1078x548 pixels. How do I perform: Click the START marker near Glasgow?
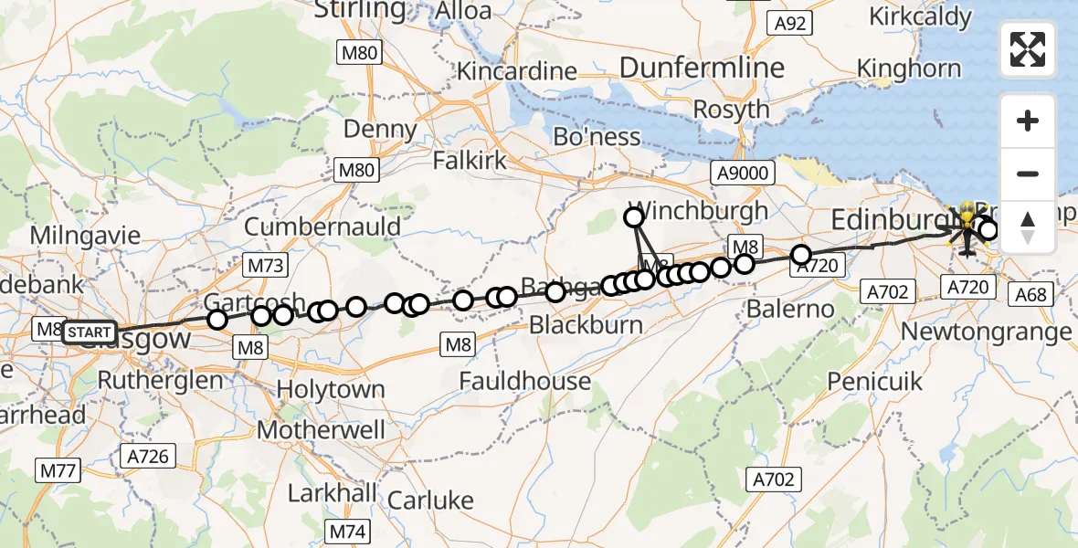[90, 332]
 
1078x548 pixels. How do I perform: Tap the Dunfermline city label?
[702, 67]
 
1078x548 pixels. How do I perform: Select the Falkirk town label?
[470, 162]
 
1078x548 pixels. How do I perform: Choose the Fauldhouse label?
[524, 380]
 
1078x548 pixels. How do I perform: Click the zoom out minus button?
[1028, 174]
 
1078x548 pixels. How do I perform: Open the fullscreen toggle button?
[1028, 49]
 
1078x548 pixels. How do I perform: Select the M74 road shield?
[347, 531]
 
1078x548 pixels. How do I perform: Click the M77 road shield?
[58, 470]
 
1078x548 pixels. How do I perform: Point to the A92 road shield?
[789, 24]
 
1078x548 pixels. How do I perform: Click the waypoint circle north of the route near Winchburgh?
[633, 217]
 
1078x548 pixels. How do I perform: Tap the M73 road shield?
[266, 267]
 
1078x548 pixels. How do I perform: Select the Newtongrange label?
[987, 332]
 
